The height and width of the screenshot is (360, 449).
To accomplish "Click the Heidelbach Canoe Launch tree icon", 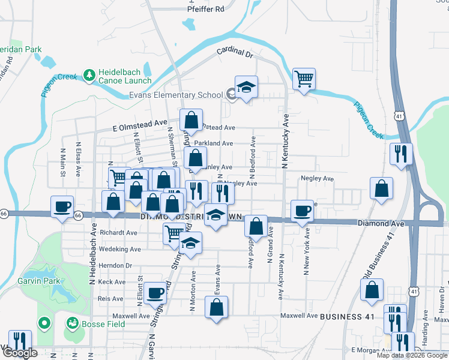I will point(89,74).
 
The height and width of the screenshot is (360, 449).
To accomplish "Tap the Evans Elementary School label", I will point(176,95).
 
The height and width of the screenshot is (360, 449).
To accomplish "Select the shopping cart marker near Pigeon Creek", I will point(304,79).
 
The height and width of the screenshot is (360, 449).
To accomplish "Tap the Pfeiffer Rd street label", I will point(205,9).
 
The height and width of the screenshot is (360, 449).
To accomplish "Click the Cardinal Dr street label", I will point(235,53).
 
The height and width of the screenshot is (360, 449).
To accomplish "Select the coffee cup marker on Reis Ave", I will point(155,293).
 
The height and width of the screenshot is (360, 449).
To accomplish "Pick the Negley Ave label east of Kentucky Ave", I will point(317,178).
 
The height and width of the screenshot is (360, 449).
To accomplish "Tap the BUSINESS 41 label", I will point(346,316).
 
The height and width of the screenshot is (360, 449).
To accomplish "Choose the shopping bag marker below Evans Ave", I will point(216,307).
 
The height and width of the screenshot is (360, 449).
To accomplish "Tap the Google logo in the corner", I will point(20,353).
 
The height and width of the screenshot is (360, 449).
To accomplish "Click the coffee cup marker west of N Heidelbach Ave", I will point(62,207).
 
